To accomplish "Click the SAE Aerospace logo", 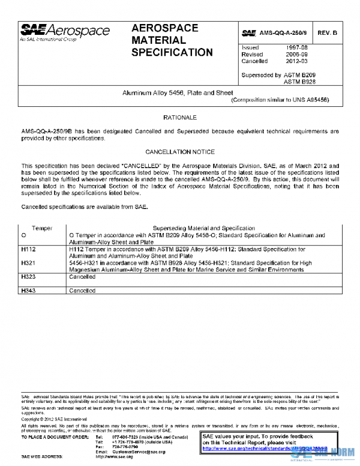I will click(x=65, y=32).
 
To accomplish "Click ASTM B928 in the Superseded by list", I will click(x=299, y=81).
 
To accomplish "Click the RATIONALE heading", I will click(x=179, y=118).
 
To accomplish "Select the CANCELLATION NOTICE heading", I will click(x=179, y=152).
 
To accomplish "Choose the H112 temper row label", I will click(x=29, y=248).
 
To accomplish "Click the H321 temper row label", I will click(x=29, y=262).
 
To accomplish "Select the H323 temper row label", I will click(x=29, y=277).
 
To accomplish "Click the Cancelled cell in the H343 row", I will click(x=82, y=291).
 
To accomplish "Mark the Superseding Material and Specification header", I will click(x=204, y=229).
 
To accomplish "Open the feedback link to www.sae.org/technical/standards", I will click(x=264, y=448).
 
